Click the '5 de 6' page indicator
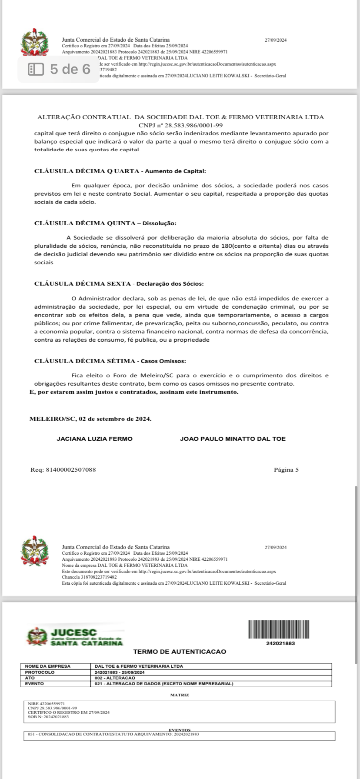point(60,69)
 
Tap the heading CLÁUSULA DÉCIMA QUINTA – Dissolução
point(105,223)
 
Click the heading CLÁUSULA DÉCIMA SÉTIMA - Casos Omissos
point(110,361)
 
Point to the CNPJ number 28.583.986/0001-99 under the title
point(180,125)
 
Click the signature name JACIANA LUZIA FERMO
point(95,439)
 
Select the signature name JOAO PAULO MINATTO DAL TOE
point(233,439)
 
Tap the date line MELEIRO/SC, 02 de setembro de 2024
point(90,419)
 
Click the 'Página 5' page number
point(286,469)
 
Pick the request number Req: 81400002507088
point(63,469)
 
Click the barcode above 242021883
point(279,629)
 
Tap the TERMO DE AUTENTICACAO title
point(180,652)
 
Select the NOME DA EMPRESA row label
point(48,666)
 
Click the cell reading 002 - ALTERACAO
point(115,678)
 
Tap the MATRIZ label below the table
point(180,695)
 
